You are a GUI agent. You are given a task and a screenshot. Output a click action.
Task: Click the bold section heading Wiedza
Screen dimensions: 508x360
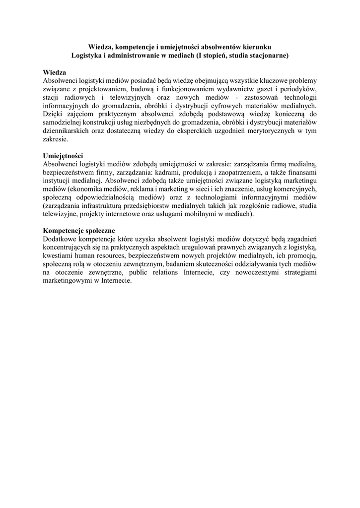click(55, 72)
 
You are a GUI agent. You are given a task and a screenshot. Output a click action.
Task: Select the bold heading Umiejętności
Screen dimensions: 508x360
click(63, 155)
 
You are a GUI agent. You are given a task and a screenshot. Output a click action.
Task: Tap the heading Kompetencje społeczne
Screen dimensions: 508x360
click(79, 231)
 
